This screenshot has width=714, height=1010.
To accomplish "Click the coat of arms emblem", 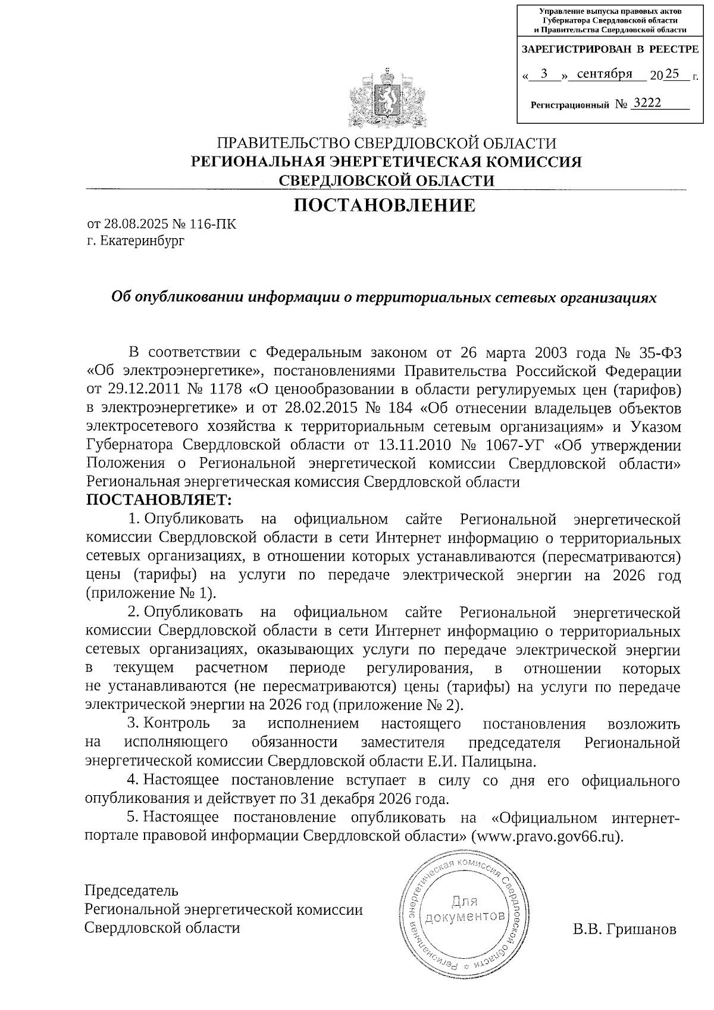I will [387, 99].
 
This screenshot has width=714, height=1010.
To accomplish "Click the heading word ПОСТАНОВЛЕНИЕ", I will [385, 205].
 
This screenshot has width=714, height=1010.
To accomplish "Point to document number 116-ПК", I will [213, 224].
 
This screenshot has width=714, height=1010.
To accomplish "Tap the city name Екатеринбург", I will [143, 241].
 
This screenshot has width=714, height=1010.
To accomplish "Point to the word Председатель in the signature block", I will [131, 890].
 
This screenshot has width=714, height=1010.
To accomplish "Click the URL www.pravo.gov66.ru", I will [546, 836].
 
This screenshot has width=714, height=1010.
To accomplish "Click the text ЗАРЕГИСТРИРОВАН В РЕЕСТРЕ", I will [610, 49].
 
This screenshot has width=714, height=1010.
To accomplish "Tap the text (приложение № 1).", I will [151, 593].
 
